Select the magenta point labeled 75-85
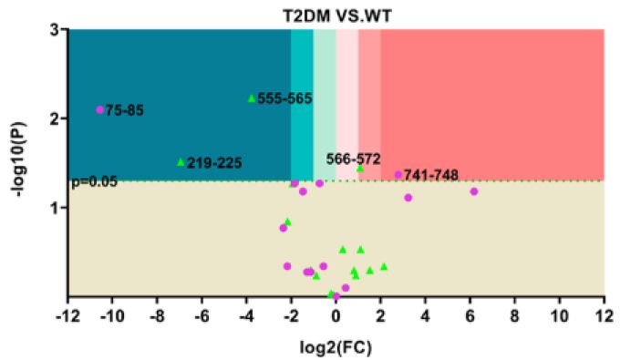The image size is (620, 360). click(100, 109)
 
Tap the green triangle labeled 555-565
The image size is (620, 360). click(252, 98)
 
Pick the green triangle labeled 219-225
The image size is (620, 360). click(181, 162)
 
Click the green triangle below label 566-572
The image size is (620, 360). click(360, 169)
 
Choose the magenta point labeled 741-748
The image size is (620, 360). click(398, 175)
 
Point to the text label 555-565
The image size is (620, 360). click(285, 98)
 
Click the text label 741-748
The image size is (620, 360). click(433, 175)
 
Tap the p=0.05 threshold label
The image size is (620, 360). click(94, 181)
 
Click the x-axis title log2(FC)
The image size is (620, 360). click(336, 347)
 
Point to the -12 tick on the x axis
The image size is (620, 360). click(67, 315)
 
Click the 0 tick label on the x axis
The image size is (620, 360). click(336, 315)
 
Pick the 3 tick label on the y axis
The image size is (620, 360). click(54, 29)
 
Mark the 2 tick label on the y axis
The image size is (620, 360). click(54, 118)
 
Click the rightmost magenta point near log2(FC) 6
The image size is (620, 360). click(474, 191)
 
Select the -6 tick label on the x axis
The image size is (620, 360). click(201, 315)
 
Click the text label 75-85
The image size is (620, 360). click(126, 110)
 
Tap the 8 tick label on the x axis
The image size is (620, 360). click(514, 315)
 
